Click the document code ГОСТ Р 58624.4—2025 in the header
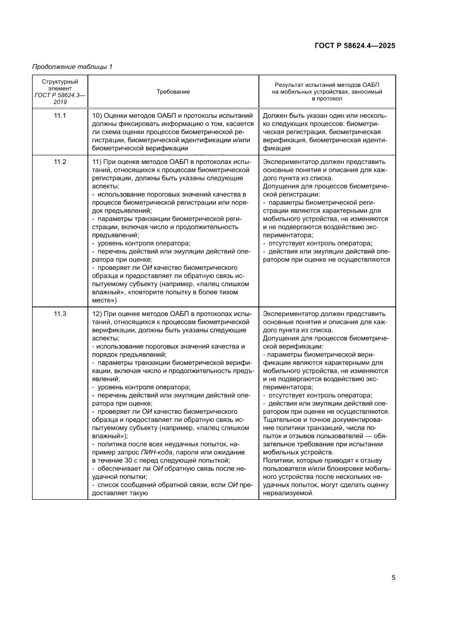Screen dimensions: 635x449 (355, 46)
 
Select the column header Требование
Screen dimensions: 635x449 (173, 92)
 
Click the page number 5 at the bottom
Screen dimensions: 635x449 (393, 577)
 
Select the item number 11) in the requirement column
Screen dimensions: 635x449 (98, 162)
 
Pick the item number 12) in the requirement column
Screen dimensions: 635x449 (98, 314)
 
